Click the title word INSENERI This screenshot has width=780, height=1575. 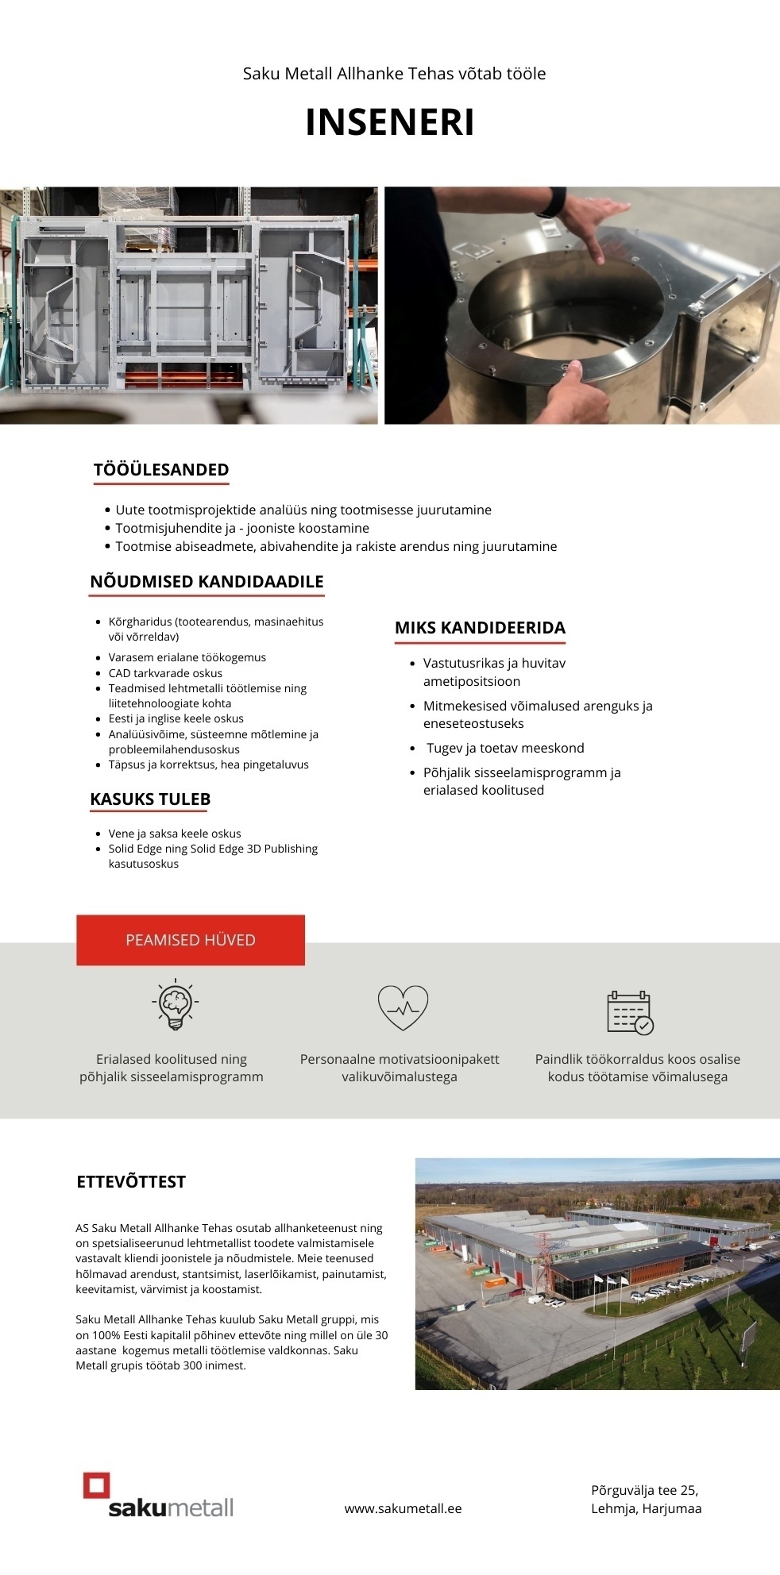[390, 123]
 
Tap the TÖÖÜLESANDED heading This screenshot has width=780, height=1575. [161, 470]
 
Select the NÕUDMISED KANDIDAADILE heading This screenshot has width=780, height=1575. [207, 582]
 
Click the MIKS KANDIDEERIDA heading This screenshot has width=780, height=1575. [480, 628]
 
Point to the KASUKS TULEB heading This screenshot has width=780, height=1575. [150, 799]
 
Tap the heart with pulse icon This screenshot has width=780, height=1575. [403, 1007]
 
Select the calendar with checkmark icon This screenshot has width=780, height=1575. [629, 1012]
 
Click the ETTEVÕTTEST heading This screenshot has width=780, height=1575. [131, 1182]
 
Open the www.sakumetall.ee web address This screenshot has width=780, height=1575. [403, 1508]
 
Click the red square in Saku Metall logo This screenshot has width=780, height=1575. [97, 1485]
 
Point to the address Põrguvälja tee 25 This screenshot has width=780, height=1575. [644, 1490]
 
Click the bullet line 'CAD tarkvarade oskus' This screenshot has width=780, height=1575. [165, 673]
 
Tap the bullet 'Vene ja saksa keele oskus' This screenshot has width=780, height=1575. [175, 834]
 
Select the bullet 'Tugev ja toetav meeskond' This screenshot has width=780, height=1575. [504, 748]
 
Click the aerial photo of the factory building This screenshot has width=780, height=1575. [597, 1273]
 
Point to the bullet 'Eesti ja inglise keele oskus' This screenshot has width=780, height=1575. [176, 718]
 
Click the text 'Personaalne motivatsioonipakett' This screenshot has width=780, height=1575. [400, 1059]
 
